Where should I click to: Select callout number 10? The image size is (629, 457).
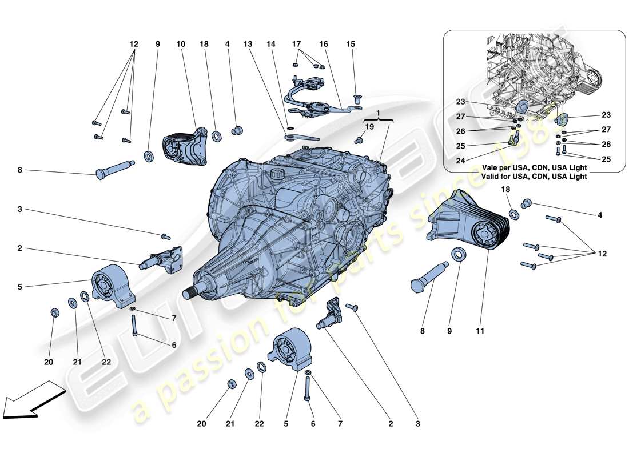tap(181, 43)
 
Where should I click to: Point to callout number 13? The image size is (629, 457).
tap(248, 43)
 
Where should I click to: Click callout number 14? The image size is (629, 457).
tap(270, 43)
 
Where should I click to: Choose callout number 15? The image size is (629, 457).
tap(351, 43)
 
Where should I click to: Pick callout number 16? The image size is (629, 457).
tap(324, 43)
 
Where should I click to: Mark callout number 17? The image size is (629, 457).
tap(296, 43)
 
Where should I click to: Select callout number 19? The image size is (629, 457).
tap(369, 127)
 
